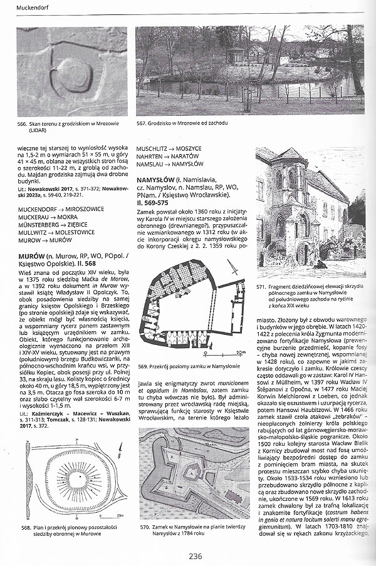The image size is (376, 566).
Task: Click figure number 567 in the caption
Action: [x=141, y=124]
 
